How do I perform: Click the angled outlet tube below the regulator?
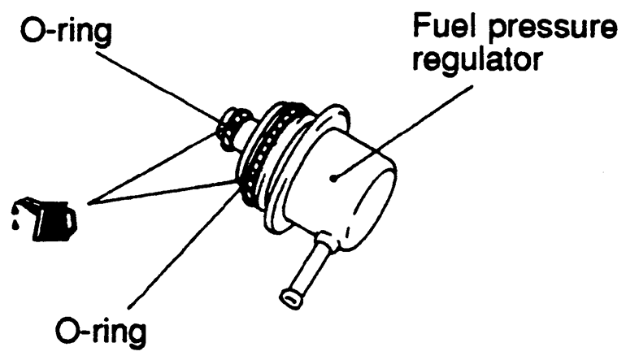pyautogui.click(x=309, y=268)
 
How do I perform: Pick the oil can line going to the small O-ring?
pyautogui.click(x=154, y=163)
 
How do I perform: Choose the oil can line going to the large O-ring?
pyautogui.click(x=163, y=193)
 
